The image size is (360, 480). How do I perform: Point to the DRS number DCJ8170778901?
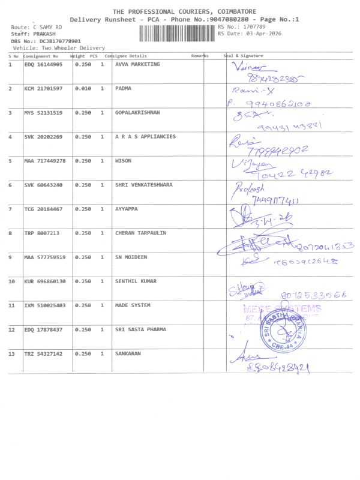click(x=60, y=41)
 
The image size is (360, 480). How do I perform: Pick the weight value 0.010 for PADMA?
click(x=83, y=88)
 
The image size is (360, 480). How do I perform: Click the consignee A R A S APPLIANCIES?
click(x=145, y=136)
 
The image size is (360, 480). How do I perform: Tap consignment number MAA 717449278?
click(x=44, y=161)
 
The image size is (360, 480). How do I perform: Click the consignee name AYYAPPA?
click(x=127, y=209)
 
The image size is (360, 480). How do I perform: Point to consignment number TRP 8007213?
click(x=41, y=233)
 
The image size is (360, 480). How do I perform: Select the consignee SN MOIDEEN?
click(x=131, y=257)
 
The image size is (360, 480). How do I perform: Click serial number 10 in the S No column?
click(x=11, y=281)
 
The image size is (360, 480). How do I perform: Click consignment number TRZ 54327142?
click(x=43, y=353)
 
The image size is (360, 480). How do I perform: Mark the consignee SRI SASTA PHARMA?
click(x=140, y=329)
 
